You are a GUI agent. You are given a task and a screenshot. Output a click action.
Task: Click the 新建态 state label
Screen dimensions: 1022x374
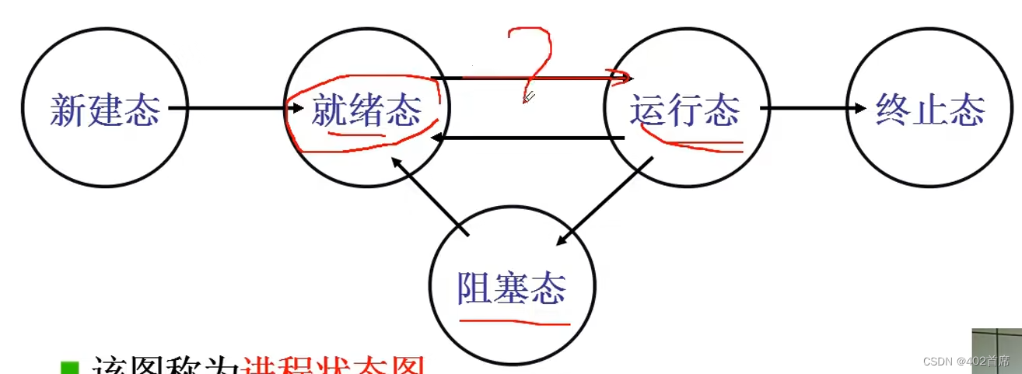105,110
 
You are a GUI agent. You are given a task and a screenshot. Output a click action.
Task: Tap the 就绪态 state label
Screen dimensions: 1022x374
366,110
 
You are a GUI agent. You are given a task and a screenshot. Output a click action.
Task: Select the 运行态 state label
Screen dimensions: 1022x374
684,110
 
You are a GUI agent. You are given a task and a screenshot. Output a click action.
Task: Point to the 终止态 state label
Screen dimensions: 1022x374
930,110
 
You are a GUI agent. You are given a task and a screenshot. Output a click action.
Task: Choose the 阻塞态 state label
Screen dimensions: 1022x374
512,288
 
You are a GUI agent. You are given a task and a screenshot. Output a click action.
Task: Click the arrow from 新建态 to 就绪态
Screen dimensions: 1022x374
233,108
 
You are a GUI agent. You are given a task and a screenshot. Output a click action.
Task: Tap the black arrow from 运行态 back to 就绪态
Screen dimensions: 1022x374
529,139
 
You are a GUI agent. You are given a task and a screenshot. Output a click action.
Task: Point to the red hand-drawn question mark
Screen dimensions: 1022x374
533,58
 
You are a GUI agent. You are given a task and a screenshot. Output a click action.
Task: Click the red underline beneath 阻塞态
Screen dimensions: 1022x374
513,319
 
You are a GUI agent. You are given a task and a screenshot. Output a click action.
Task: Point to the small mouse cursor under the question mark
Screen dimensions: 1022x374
528,97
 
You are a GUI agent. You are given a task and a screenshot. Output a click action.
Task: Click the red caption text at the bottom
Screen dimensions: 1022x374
334,366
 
